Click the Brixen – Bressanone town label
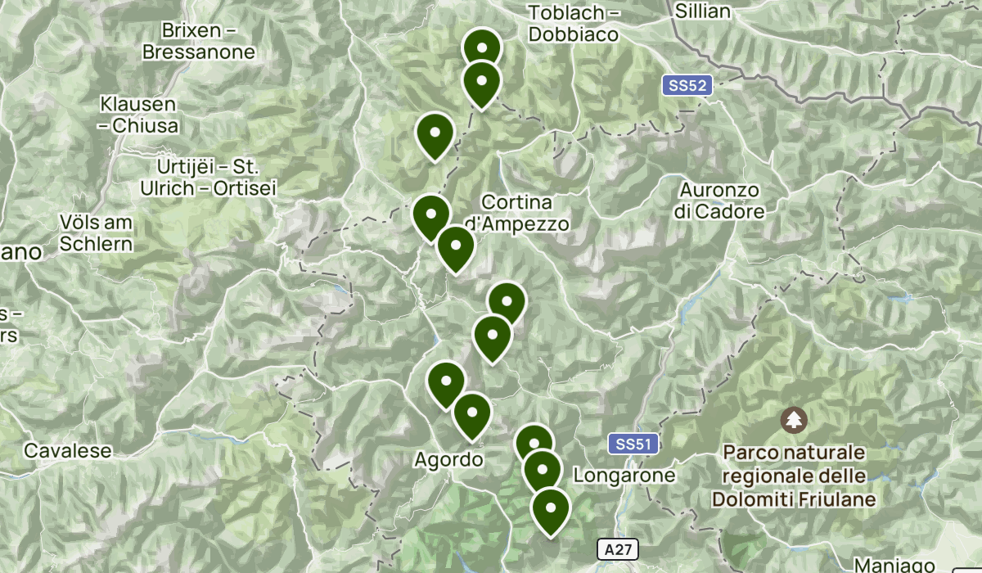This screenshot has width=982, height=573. (199, 42)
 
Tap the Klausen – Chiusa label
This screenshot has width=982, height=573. (138, 115)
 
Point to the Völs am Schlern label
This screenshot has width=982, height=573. (96, 232)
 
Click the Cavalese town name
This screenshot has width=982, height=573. (67, 450)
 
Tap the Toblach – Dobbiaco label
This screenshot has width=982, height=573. (578, 24)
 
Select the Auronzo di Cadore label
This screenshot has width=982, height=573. (719, 201)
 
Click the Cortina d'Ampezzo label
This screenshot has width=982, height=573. (517, 212)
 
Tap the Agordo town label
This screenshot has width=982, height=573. (448, 459)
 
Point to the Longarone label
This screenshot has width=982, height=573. (624, 475)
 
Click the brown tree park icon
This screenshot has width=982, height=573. (793, 421)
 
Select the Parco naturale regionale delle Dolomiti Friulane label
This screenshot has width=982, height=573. (793, 476)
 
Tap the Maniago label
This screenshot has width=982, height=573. (894, 565)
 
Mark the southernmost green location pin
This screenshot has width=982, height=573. (551, 509)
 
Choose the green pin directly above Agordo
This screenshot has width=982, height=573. (471, 414)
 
